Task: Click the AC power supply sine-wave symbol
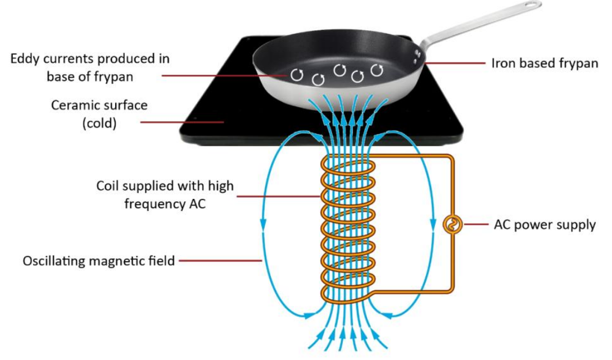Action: click(x=451, y=225)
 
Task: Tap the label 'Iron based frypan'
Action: click(x=545, y=63)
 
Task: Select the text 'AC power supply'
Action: click(x=545, y=225)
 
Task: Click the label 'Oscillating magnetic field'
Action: click(x=99, y=261)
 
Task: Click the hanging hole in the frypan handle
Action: click(x=530, y=6)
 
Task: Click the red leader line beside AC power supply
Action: click(x=474, y=225)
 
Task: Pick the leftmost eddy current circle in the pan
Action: click(x=297, y=74)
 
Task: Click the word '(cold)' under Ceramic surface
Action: click(x=99, y=123)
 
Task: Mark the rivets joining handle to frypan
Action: click(x=416, y=54)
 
